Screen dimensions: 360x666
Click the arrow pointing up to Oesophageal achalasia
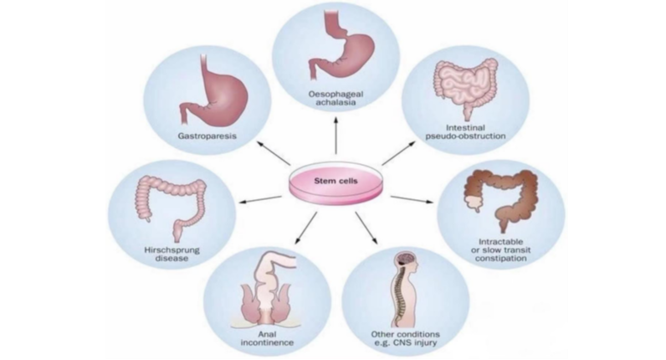tap(336, 133)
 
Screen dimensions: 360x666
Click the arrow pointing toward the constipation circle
tap(411, 198)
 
